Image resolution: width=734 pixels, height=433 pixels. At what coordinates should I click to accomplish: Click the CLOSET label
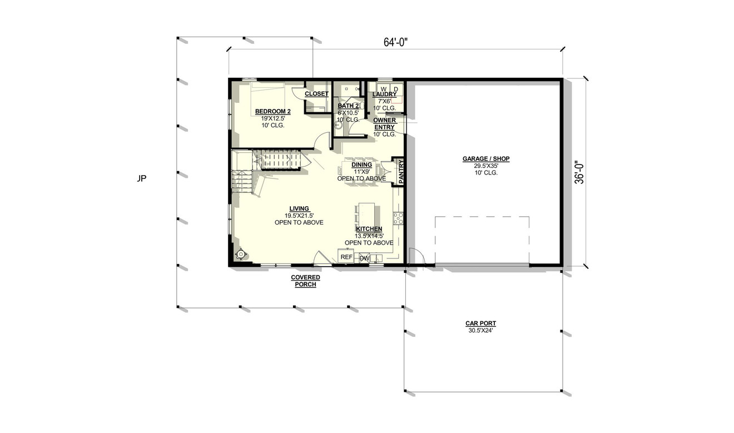click(x=316, y=94)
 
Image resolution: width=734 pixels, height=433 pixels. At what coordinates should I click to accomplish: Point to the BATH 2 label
click(x=348, y=106)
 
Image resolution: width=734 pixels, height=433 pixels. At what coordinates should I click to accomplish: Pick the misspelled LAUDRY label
click(x=384, y=94)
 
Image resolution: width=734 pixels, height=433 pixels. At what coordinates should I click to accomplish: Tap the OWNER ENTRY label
click(x=384, y=123)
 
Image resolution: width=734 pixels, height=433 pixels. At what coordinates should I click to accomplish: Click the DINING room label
click(x=361, y=165)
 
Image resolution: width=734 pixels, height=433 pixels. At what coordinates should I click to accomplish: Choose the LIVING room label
click(x=299, y=208)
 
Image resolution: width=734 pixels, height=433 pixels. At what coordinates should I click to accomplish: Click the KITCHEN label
click(x=369, y=229)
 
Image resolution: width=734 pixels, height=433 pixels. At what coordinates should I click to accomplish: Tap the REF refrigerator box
click(x=346, y=257)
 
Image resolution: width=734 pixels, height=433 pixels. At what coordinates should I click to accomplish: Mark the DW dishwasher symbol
click(x=364, y=258)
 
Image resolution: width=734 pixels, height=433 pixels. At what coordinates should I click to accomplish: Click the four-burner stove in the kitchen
click(x=398, y=218)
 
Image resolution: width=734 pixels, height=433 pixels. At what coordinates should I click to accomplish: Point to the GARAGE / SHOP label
click(x=485, y=159)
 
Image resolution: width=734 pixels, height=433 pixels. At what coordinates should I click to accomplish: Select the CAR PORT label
click(x=480, y=323)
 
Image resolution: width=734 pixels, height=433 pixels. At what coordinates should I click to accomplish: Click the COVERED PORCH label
click(x=306, y=281)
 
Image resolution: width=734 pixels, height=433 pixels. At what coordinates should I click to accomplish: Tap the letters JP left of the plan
click(x=142, y=178)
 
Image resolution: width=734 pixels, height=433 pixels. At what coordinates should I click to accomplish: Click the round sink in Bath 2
click(x=338, y=125)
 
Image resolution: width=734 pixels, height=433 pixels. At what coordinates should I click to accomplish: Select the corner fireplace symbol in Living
click(x=240, y=254)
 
